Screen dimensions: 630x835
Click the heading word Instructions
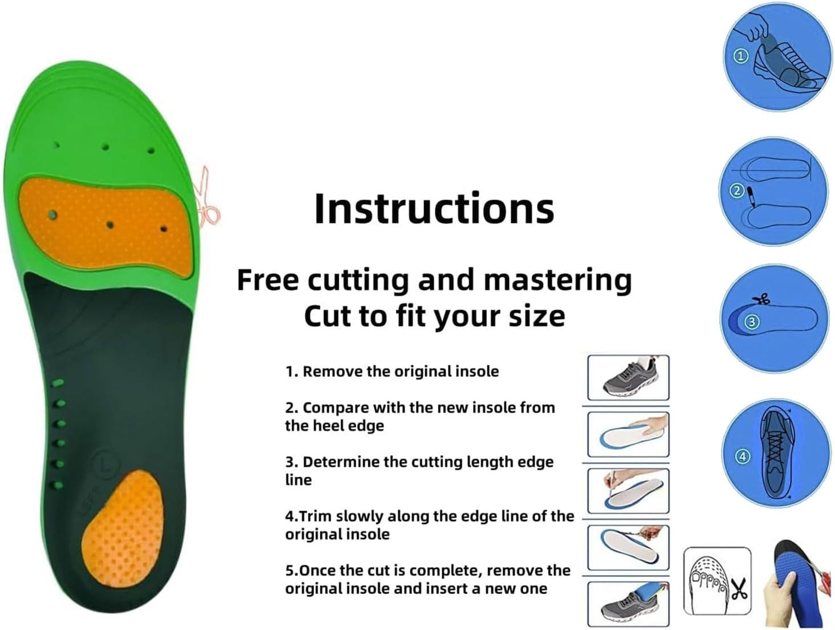pos(434,209)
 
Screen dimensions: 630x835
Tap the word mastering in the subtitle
pos(557,280)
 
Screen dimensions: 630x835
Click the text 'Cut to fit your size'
pos(434,316)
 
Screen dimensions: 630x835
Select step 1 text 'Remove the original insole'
pos(392,372)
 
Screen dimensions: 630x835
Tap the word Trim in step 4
pos(316,516)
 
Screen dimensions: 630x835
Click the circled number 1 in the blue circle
pos(740,56)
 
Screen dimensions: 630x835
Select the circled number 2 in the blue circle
pos(736,190)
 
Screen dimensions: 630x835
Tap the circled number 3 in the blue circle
pos(752,322)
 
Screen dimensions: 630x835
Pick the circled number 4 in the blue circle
pos(742,456)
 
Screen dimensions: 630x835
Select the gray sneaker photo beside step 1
pos(628,377)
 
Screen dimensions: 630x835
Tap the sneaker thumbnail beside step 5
pos(628,604)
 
